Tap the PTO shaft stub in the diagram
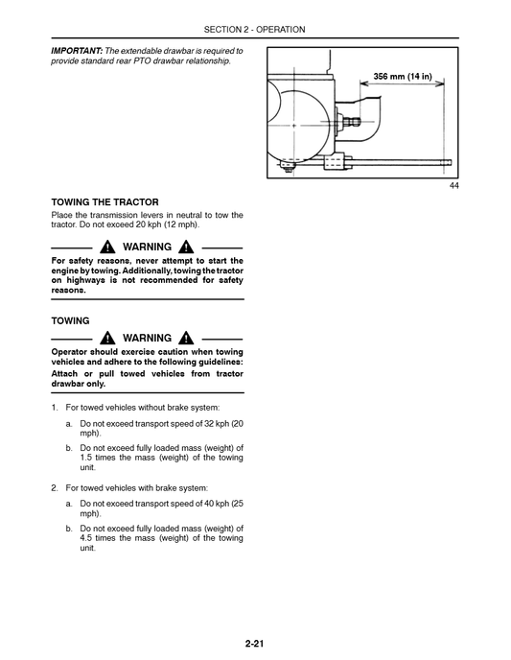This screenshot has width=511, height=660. pyautogui.click(x=354, y=123)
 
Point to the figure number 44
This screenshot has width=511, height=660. pyautogui.click(x=453, y=186)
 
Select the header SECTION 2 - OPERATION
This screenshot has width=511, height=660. pyautogui.click(x=255, y=30)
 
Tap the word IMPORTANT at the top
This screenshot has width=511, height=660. pyautogui.click(x=77, y=50)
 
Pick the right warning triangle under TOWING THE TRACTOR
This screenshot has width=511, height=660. pyautogui.click(x=186, y=247)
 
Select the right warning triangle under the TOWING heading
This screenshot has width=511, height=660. pyautogui.click(x=186, y=339)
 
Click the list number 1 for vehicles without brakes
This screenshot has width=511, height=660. pyautogui.click(x=54, y=408)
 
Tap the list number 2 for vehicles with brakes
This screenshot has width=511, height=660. pyautogui.click(x=54, y=487)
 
